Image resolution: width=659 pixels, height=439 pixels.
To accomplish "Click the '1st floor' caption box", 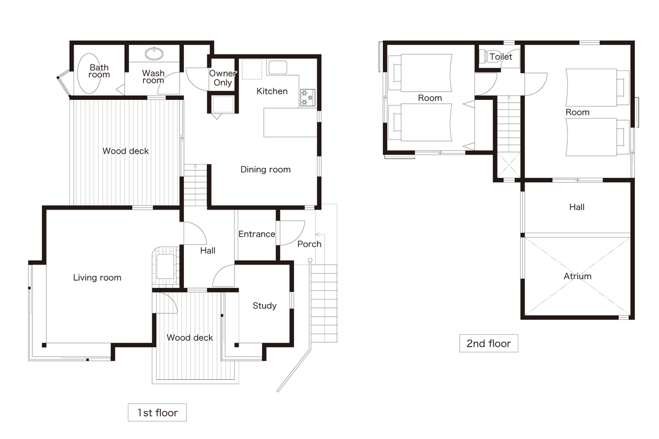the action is tap(157, 412).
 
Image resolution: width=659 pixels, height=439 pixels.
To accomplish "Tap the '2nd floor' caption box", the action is tap(489, 343).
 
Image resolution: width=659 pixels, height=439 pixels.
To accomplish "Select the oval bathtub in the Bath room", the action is tap(89, 74).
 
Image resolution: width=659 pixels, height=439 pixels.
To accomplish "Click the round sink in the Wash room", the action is tap(154, 54).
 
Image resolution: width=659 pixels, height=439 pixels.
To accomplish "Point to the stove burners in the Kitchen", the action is tap(308, 98).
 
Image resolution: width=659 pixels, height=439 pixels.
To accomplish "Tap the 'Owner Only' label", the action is tap(223, 77).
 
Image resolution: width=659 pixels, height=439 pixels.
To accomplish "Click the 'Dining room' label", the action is tap(265, 170).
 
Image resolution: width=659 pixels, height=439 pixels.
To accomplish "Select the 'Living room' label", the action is tap(97, 278).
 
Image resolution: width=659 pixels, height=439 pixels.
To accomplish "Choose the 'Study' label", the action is tap(265, 306).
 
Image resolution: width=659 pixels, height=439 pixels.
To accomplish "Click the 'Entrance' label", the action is tap(257, 234).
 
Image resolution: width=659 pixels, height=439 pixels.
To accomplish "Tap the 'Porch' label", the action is tap(309, 244).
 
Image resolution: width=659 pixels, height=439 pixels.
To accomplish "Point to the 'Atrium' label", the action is tap(578, 276).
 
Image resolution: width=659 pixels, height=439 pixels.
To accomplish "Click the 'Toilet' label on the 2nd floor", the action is tap(501, 57).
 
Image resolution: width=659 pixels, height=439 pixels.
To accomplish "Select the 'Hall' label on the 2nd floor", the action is tap(577, 207).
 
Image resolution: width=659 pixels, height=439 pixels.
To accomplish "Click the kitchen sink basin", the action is tap(278, 67).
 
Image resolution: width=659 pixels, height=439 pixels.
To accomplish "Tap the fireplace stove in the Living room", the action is tap(165, 266).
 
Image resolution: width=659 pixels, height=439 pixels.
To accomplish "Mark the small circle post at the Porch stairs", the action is tap(310, 260).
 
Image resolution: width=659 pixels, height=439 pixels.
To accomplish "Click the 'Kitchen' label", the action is tap(272, 91).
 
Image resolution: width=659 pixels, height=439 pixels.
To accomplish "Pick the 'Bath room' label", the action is tap(99, 71).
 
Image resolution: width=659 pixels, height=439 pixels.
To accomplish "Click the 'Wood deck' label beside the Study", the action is tap(189, 337).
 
